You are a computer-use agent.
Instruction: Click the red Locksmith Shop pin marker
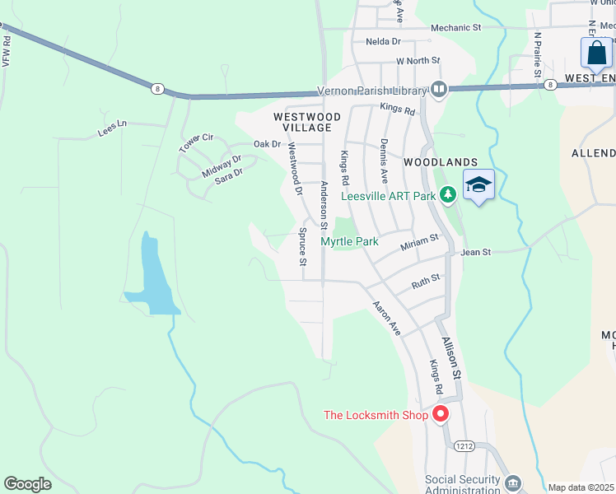[441, 414]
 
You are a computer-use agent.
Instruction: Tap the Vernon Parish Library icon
[439, 89]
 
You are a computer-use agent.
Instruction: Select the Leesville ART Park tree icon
[447, 195]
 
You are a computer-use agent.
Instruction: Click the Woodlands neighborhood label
[441, 162]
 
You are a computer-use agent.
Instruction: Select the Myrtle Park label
[349, 241]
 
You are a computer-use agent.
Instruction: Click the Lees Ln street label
[113, 128]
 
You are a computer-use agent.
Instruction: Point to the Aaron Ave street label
[386, 318]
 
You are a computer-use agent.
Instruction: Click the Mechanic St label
[455, 28]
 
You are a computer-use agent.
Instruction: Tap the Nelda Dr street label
[383, 41]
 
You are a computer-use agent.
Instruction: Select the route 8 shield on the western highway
[157, 88]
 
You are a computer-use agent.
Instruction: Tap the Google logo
[28, 484]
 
